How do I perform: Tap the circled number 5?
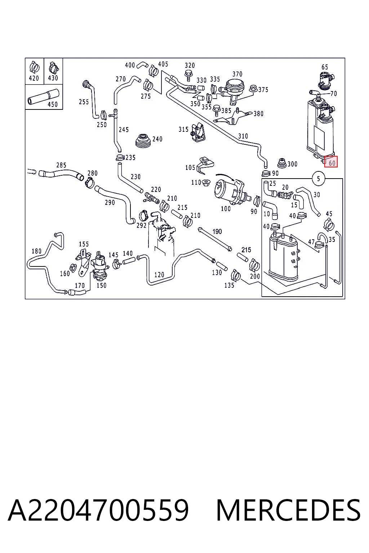pyautogui.click(x=318, y=178)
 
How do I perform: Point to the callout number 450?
pyautogui.click(x=52, y=104)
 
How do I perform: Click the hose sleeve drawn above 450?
pyautogui.click(x=44, y=96)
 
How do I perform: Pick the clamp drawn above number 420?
pyautogui.click(x=34, y=67)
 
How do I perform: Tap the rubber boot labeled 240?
pyautogui.click(x=142, y=141)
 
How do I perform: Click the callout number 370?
pyautogui.click(x=237, y=74)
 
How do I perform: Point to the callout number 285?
pyautogui.click(x=61, y=165)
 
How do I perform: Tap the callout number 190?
pyautogui.click(x=217, y=231)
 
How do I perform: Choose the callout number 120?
pyautogui.click(x=159, y=275)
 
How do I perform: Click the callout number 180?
pyautogui.click(x=37, y=251)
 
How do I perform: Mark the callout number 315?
pyautogui.click(x=183, y=129)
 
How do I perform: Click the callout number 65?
pyautogui.click(x=325, y=67)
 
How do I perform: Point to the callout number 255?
pyautogui.click(x=84, y=102)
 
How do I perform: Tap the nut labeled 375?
pyautogui.click(x=253, y=88)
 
